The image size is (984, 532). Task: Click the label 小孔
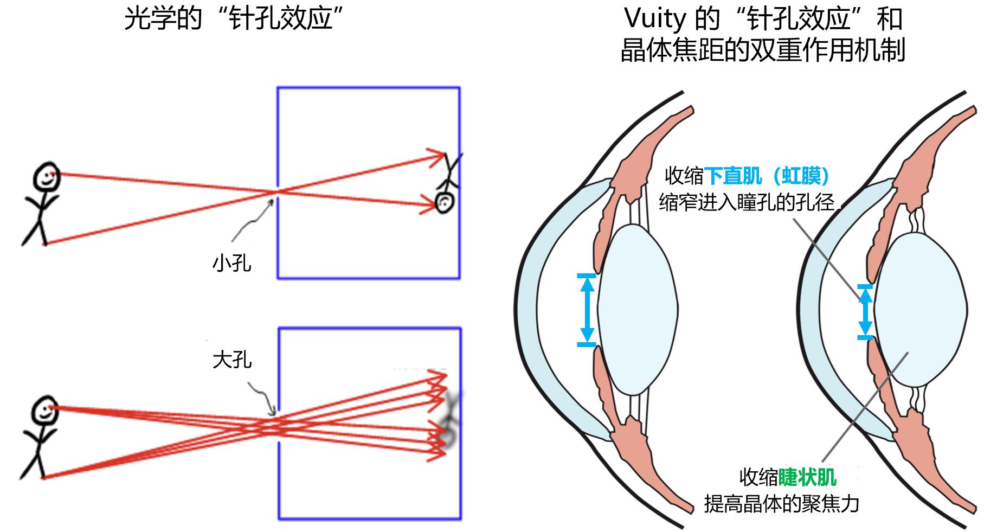click(232, 264)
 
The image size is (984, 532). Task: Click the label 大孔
click(232, 360)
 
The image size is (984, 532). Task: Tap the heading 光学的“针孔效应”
click(235, 20)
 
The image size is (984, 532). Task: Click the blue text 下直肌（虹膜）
click(767, 176)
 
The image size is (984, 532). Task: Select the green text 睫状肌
click(807, 477)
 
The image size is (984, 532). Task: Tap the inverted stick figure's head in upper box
click(445, 203)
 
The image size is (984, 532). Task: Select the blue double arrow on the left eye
click(587, 310)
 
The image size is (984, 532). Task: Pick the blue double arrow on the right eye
click(865, 311)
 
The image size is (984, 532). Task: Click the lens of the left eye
click(638, 309)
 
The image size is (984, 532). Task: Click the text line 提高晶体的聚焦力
click(781, 504)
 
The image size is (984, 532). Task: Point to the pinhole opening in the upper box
click(278, 191)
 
